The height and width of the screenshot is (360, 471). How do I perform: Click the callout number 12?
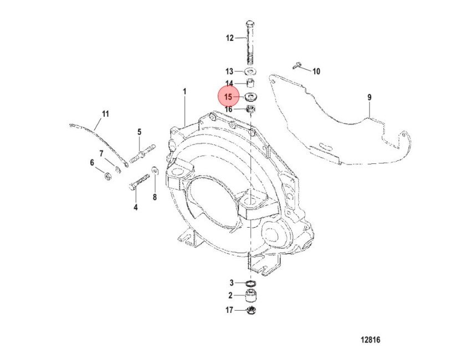229,38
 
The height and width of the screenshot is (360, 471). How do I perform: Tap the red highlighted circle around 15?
228,97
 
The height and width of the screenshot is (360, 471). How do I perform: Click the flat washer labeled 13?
250,71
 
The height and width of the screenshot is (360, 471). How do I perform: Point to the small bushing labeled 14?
250,82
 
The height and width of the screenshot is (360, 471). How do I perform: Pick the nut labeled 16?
250,109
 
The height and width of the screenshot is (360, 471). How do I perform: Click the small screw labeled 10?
296,65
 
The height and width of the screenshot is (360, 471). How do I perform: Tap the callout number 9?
370,97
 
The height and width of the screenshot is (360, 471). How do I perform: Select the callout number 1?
185,91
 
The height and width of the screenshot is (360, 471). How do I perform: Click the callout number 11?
105,114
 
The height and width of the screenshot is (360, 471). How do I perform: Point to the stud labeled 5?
142,153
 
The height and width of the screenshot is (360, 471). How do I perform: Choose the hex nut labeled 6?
107,176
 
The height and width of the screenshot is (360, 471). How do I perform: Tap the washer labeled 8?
155,169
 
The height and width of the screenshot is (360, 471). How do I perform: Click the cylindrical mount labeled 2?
250,296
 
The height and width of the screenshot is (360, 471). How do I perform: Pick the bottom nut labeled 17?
250,310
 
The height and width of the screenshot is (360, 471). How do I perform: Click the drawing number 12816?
370,340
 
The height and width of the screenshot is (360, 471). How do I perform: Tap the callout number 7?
101,154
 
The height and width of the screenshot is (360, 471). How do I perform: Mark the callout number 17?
229,310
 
